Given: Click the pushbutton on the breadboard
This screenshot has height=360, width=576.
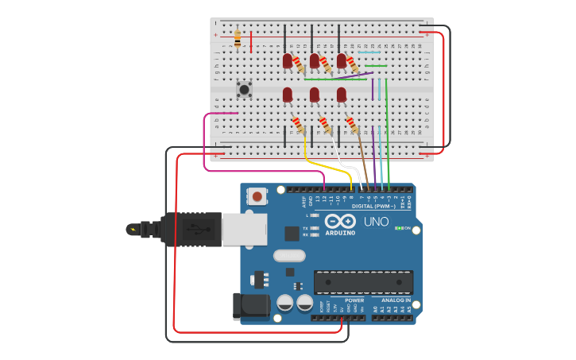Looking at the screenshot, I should pos(245,89).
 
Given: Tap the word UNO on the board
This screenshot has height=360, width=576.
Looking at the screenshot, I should pos(376,222).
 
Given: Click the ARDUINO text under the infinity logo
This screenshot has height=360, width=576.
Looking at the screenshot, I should pos(340,232).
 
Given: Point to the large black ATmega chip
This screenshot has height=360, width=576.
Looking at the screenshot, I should pos(363,282).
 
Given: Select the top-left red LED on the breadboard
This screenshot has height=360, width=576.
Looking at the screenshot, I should pos(288,60).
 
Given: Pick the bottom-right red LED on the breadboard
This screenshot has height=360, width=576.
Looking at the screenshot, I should pos(342,95).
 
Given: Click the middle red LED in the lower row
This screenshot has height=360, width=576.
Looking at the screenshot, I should pos(315,95).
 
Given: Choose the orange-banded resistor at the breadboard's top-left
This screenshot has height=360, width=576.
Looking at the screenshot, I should pos(238,37).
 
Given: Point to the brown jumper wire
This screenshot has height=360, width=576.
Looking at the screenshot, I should pos(361,155).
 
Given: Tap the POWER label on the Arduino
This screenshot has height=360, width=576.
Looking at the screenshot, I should pos(354,300).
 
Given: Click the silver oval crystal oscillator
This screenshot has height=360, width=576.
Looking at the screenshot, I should pos(289,256).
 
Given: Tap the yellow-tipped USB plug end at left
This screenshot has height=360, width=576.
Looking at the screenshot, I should pos(132,230).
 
